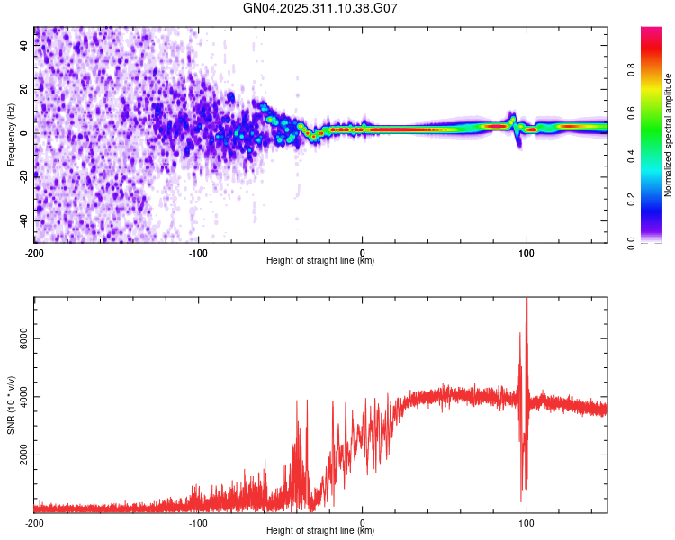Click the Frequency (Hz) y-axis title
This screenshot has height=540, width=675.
(11, 135)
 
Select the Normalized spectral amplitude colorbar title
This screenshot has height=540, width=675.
(668, 135)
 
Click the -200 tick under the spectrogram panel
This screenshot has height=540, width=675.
(34, 252)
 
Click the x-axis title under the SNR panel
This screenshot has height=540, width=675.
(320, 531)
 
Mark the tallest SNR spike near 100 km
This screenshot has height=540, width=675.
(526, 303)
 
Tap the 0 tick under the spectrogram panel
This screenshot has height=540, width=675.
(363, 252)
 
